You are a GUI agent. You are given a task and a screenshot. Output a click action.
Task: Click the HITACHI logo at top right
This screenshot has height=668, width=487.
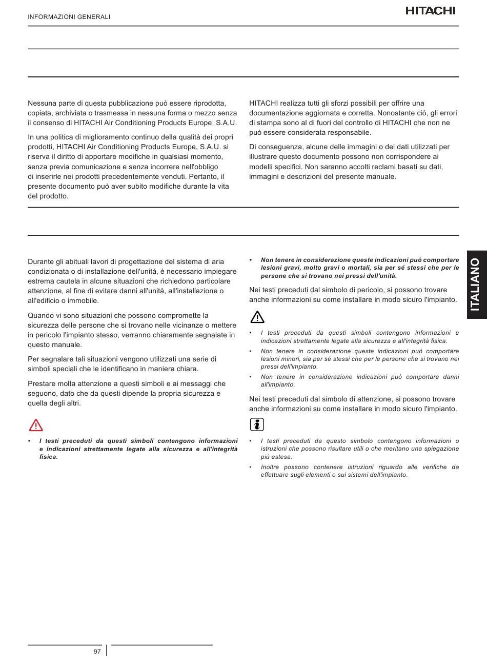point(430,11)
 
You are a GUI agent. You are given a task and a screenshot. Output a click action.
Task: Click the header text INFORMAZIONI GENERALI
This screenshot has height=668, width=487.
point(69,17)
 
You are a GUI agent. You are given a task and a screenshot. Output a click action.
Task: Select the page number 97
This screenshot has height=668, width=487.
point(97,651)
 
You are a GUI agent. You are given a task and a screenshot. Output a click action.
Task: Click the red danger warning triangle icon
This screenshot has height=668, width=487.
point(36,425)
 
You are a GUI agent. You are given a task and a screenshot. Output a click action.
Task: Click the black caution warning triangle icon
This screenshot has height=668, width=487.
point(257,317)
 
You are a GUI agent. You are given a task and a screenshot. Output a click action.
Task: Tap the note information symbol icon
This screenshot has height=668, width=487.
point(257,424)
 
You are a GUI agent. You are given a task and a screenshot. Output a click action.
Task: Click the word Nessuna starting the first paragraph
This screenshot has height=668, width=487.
point(42,103)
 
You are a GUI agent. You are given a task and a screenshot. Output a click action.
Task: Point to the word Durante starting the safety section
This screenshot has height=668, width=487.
point(42,262)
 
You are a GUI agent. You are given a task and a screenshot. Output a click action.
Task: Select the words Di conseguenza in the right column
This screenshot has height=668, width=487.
point(274,147)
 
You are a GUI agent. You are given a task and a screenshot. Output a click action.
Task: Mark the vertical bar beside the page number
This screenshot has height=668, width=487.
point(107,651)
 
